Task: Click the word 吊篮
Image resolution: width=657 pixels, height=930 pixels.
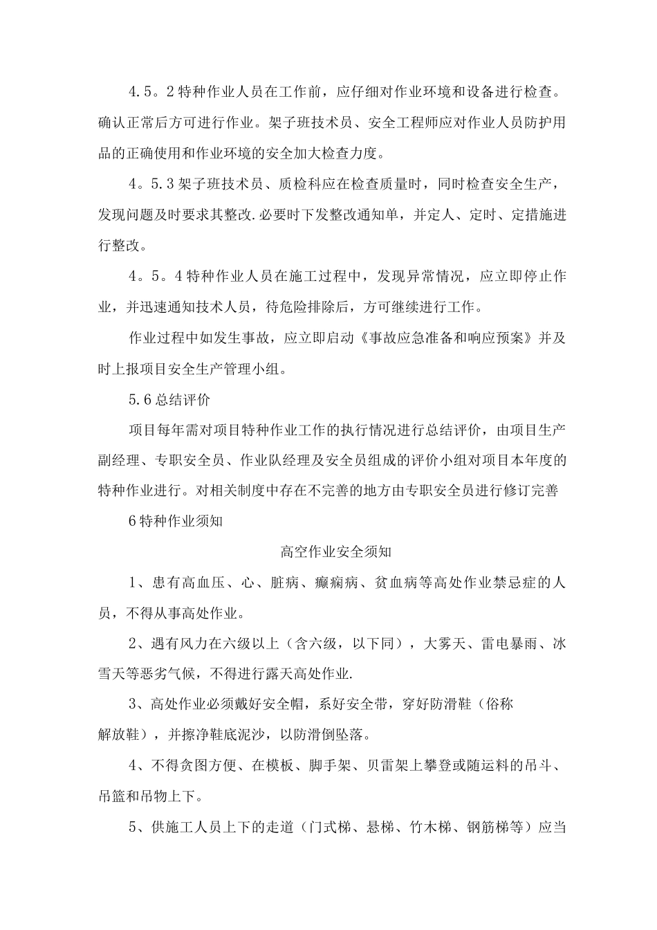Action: click(113, 795)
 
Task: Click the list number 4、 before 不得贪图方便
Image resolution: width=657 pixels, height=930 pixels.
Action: click(137, 765)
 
